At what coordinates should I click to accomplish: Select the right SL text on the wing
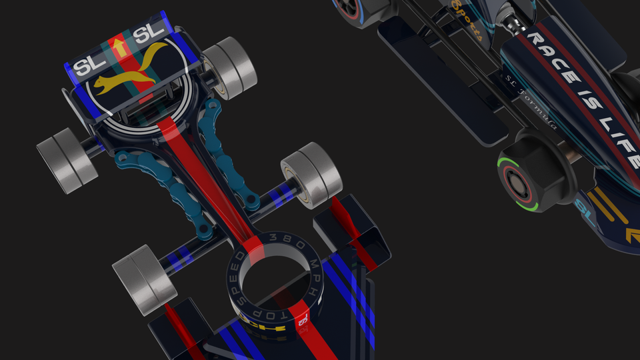pos(149,34)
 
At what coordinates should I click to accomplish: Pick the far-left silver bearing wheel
pos(67,161)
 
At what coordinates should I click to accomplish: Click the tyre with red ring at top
pos(353,8)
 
